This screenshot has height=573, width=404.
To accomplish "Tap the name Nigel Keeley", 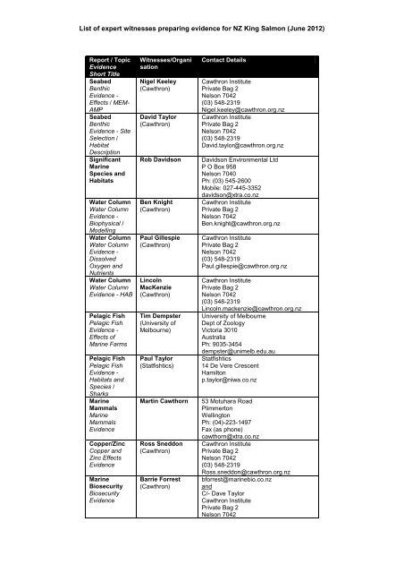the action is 161,80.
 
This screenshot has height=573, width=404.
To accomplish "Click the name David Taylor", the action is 161,116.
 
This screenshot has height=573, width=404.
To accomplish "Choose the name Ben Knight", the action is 158,204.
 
